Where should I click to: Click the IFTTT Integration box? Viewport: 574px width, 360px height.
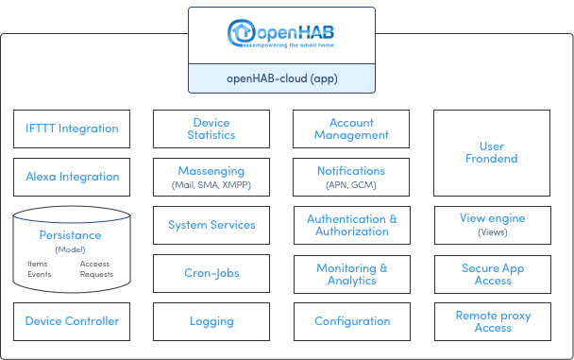coord(72,129)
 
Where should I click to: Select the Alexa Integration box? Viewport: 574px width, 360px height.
coord(72,177)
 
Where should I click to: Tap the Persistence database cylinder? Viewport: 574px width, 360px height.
coord(72,249)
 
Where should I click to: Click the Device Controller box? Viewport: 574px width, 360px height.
coord(72,321)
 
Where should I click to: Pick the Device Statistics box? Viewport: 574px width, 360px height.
coord(211,129)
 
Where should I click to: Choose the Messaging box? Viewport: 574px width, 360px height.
coord(211,177)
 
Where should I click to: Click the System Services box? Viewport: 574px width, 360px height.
coord(211,225)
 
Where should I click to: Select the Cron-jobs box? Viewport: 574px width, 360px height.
coord(211,273)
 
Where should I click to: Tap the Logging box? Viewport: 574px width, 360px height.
coord(211,321)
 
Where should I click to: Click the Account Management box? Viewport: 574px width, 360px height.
coord(351,129)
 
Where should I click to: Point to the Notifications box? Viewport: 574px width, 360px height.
coord(351,177)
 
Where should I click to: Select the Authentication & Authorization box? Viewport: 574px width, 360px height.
coord(351,225)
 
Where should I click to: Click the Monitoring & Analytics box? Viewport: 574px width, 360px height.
coord(351,273)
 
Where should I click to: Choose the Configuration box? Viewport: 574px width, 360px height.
coord(351,321)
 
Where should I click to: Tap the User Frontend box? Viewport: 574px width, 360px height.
coord(491,152)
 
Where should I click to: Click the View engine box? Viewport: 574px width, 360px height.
coord(491,225)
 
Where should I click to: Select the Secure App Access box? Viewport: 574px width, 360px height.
coord(491,273)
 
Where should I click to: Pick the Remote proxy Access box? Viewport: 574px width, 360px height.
coord(491,321)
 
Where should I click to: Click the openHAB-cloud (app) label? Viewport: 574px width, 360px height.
coord(281,77)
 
